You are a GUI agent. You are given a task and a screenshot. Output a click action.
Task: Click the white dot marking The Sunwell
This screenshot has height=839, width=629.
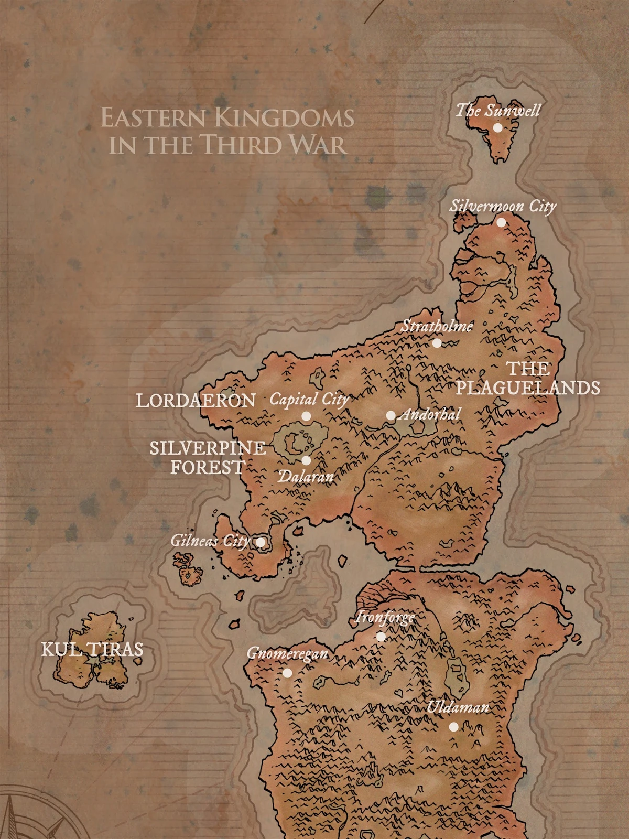tap(497, 127)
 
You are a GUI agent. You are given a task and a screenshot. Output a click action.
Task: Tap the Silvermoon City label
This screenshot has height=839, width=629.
tap(502, 206)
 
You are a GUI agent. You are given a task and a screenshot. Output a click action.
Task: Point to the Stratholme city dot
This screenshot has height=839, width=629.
tap(437, 343)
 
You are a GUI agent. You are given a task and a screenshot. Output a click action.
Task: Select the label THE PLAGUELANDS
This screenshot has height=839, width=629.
tap(528, 378)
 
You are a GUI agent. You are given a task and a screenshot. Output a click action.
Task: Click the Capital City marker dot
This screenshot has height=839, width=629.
tap(306, 416)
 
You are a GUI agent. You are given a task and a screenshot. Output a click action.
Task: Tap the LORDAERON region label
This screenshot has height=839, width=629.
tap(196, 401)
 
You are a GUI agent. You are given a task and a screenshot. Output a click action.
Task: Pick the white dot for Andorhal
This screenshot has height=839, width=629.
tap(391, 416)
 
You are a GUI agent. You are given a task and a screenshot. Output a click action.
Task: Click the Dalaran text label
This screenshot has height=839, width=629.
tap(306, 476)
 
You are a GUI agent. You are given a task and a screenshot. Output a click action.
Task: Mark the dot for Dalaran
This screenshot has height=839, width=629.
tap(306, 460)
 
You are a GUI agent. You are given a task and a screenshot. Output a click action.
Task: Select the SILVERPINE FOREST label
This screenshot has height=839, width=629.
tap(208, 457)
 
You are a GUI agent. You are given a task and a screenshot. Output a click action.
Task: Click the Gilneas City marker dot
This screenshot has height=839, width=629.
tap(260, 542)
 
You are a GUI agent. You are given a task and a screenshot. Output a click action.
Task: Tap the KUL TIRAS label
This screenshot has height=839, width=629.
tap(92, 650)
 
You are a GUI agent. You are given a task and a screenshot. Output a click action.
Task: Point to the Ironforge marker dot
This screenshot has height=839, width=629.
tap(381, 637)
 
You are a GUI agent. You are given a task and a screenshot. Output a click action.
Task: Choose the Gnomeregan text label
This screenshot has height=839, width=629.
tap(287, 653)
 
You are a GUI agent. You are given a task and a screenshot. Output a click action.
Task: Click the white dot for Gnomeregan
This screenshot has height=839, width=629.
tap(287, 673)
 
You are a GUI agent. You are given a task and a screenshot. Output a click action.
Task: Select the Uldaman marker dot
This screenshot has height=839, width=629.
tap(454, 727)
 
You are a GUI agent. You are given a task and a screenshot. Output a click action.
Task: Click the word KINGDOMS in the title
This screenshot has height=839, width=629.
tap(285, 118)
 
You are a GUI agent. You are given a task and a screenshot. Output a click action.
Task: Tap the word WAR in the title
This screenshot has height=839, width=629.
tap(319, 145)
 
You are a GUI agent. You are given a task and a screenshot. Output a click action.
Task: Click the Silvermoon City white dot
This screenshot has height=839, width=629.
tap(501, 222)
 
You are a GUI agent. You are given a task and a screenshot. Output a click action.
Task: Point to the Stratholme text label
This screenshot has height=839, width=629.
tap(437, 326)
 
